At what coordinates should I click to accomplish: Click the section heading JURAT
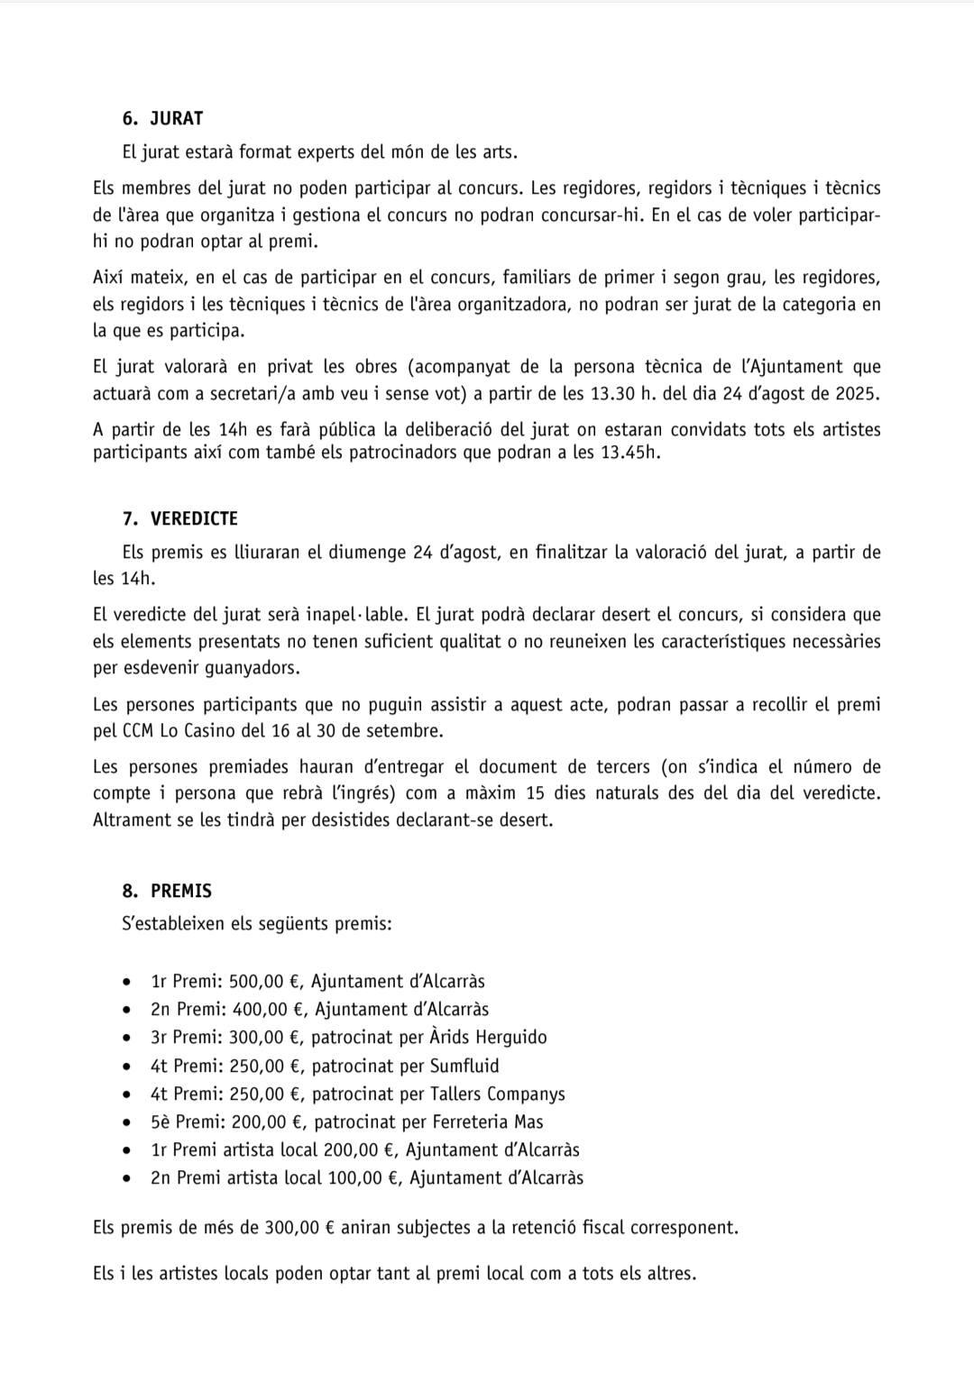pos(177,118)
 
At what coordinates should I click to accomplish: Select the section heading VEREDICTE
pos(194,518)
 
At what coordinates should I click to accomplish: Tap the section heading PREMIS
pos(181,891)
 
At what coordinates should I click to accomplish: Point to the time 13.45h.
pos(629,452)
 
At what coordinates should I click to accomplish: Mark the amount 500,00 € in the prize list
pos(265,981)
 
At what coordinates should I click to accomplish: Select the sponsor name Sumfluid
pos(464,1066)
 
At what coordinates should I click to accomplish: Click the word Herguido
pos(510,1037)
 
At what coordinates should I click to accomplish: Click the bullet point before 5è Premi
pos(130,1123)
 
